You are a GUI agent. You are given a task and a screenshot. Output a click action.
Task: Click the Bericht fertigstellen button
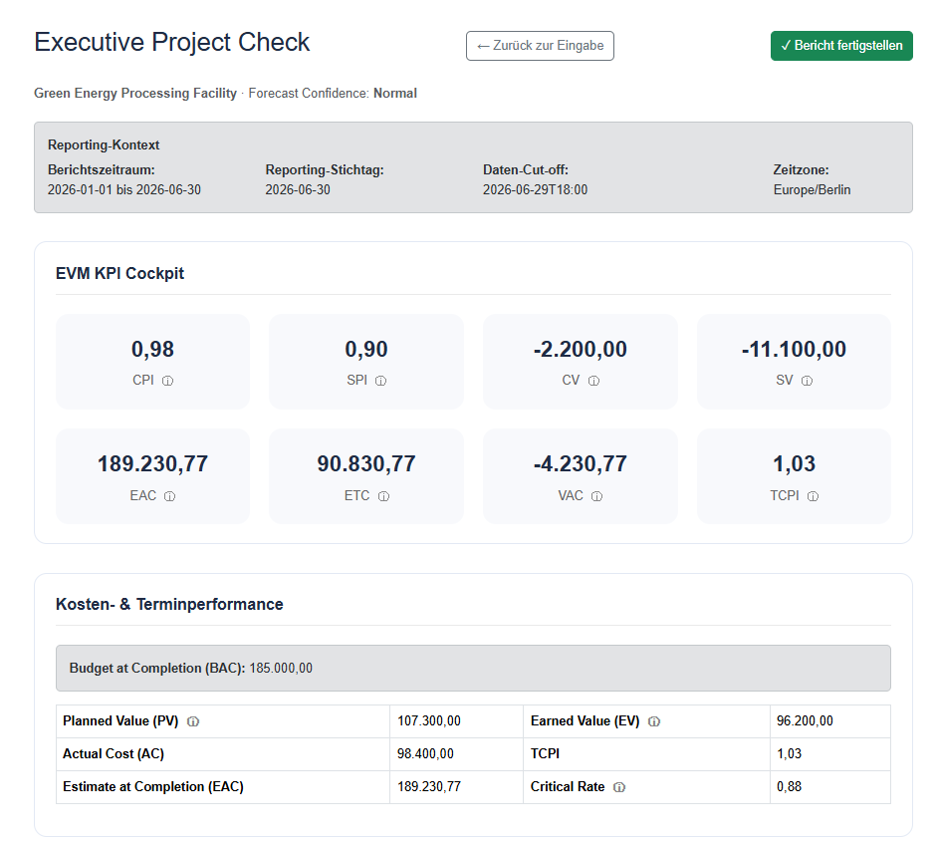tap(841, 46)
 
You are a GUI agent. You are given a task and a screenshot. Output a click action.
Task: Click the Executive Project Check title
tap(172, 43)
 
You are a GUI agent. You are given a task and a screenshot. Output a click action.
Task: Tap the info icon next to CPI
tap(168, 381)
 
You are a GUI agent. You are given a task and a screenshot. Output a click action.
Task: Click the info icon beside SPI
tap(380, 381)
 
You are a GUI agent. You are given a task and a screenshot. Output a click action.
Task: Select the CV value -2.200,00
tap(581, 349)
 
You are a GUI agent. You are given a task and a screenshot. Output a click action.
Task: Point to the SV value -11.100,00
tap(794, 349)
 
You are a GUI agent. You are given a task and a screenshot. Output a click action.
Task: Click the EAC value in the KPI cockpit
tap(153, 464)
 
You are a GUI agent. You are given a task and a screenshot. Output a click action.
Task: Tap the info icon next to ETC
tap(383, 496)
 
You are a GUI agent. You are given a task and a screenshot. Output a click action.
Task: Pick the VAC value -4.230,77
tap(581, 464)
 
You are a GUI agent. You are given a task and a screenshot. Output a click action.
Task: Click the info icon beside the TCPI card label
tap(813, 496)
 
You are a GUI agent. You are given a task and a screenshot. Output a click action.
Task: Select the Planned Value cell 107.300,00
tap(429, 721)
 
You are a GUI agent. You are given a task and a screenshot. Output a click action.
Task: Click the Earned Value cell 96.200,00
tap(805, 721)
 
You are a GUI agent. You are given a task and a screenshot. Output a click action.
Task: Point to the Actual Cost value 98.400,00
tap(425, 754)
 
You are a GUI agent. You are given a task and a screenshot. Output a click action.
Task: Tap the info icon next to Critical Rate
tap(619, 787)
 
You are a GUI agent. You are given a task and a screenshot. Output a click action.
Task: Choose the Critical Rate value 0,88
tap(790, 787)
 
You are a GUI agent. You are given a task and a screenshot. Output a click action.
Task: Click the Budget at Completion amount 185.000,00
tap(281, 668)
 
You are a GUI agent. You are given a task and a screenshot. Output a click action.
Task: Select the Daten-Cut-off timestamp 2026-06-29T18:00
tap(536, 189)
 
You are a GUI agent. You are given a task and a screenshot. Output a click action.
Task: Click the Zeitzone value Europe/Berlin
tap(813, 189)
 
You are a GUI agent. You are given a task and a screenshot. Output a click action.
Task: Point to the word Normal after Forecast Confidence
tap(395, 94)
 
